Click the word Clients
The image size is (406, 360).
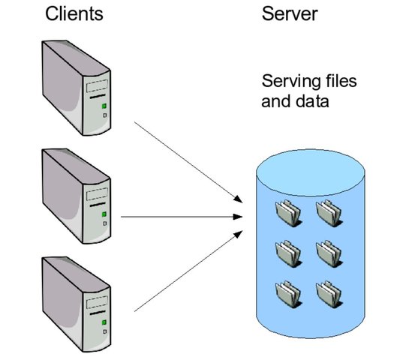pyautogui.click(x=74, y=14)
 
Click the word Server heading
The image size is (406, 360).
pyautogui.click(x=288, y=14)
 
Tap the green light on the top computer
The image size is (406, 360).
pyautogui.click(x=104, y=107)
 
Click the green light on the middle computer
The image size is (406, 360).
pyautogui.click(x=104, y=215)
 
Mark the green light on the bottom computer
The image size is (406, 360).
pyautogui.click(x=104, y=322)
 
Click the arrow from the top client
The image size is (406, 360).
pyautogui.click(x=188, y=158)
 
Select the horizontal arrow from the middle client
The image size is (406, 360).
pyautogui.click(x=180, y=217)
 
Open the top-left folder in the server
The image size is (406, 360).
pyautogui.click(x=289, y=214)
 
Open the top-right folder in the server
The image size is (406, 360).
pyautogui.click(x=329, y=214)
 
